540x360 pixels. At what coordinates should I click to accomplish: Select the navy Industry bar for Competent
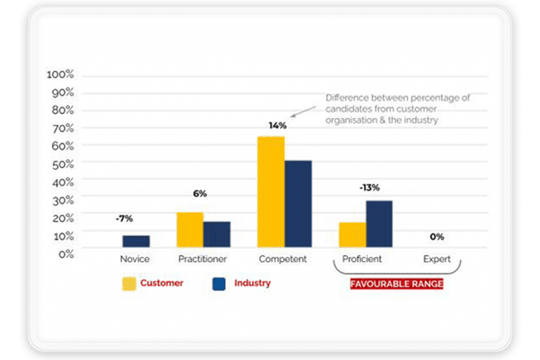tap(297, 203)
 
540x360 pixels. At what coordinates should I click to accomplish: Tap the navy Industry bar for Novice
tap(136, 241)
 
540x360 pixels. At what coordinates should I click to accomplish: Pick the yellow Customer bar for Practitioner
tap(190, 230)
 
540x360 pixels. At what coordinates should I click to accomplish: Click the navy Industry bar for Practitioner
tap(217, 234)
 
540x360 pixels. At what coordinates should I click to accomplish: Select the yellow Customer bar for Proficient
tap(352, 235)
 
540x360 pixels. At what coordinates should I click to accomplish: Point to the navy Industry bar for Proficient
tap(379, 224)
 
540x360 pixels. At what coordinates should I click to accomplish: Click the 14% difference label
tap(277, 125)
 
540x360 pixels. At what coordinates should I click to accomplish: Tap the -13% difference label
tap(369, 188)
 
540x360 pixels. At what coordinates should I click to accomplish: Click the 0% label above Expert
tap(437, 237)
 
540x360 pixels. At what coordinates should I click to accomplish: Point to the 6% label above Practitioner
tap(200, 194)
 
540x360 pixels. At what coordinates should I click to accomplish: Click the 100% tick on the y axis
tap(61, 75)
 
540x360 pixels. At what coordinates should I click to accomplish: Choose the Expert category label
tap(437, 259)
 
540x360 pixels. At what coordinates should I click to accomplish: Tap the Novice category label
tap(135, 259)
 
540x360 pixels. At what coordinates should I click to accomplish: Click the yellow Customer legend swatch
tap(129, 284)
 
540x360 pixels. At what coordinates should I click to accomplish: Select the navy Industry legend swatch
tap(219, 284)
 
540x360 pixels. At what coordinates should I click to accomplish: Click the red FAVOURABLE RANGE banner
tap(397, 284)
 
